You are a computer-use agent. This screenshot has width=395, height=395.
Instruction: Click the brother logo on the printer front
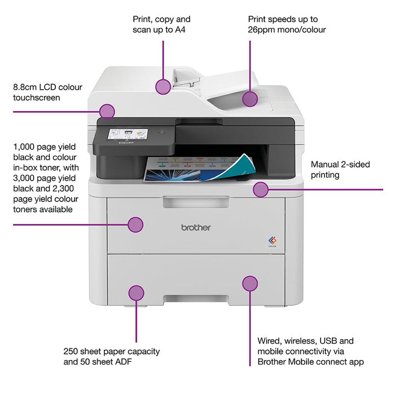196,227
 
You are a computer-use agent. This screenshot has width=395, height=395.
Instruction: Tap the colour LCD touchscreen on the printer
124,137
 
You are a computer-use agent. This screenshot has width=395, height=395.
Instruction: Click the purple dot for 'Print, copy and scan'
163,86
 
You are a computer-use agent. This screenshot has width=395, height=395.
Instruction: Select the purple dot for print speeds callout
250,99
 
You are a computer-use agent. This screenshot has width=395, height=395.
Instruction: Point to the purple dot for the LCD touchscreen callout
107,111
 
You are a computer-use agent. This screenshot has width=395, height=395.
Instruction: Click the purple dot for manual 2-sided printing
260,190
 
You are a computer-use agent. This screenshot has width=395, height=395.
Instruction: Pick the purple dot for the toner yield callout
135,225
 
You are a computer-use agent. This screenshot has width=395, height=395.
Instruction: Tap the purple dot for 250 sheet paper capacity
136,292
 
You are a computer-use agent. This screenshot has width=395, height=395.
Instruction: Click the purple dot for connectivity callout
250,283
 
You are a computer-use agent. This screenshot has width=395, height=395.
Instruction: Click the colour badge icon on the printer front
271,241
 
